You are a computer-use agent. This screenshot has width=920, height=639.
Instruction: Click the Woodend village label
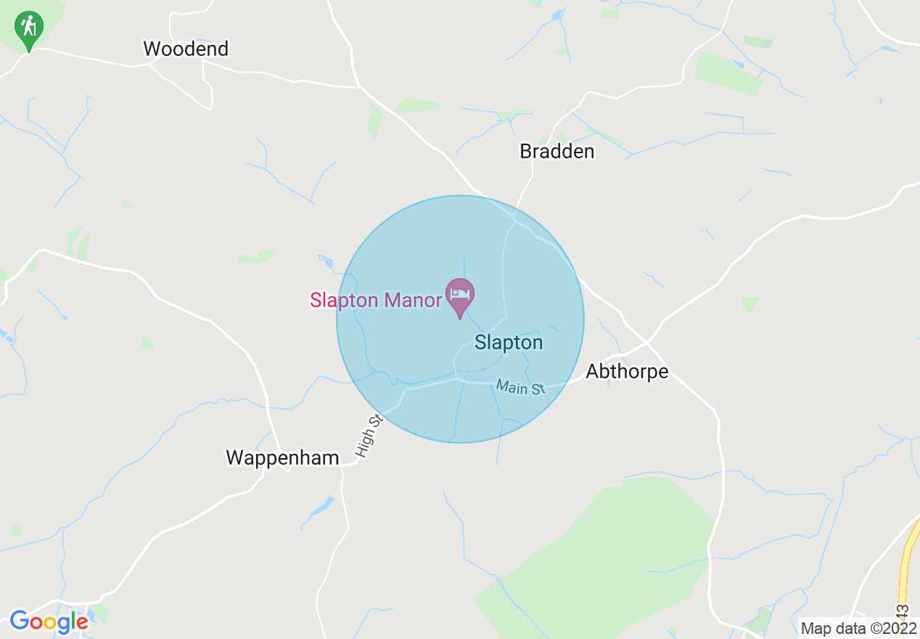click(186, 49)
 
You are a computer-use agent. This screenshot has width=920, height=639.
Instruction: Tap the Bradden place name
click(556, 152)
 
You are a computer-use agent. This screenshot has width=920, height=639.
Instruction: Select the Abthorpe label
click(627, 372)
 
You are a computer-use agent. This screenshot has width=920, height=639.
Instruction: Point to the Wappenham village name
click(282, 458)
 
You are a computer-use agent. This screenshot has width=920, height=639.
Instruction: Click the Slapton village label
click(509, 343)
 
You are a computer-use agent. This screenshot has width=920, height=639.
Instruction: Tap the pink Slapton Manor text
click(375, 300)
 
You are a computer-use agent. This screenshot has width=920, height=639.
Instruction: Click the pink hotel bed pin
click(460, 296)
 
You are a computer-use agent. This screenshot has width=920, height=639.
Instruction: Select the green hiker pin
click(28, 29)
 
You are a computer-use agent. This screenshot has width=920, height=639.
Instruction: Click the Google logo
click(49, 622)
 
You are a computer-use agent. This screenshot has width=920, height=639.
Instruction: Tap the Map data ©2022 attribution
click(858, 627)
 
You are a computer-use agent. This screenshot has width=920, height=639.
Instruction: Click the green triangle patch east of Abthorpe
click(750, 304)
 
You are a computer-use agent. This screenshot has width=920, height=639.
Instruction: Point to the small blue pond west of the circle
click(326, 261)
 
